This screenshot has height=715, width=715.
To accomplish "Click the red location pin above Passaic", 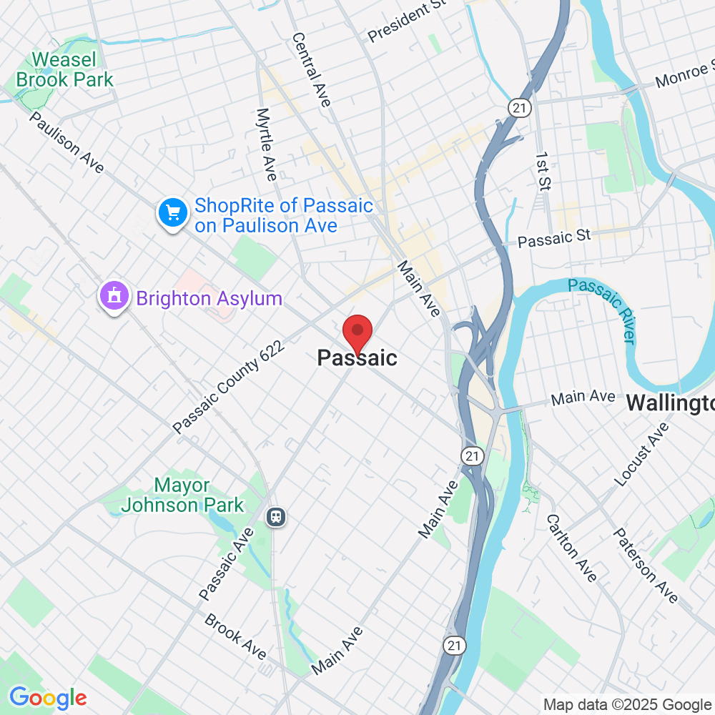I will click(x=357, y=332).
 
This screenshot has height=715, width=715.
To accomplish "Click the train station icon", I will click(x=275, y=516).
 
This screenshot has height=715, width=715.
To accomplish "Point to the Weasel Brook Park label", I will click(x=64, y=69).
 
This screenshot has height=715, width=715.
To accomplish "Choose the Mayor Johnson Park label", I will click(x=182, y=495).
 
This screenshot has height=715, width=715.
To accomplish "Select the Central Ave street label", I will click(x=311, y=69).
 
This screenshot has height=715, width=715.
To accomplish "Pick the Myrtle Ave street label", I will click(x=266, y=144).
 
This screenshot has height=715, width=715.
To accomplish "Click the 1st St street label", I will click(x=543, y=172).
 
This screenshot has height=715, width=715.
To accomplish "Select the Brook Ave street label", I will click(x=235, y=636).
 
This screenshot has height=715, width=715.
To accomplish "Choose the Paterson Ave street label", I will click(x=646, y=565).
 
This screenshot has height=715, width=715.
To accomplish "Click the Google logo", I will click(x=48, y=698).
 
